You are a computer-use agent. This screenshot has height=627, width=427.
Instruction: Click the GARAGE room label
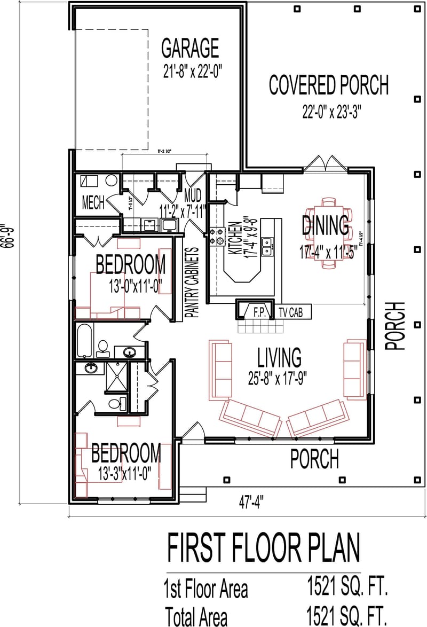pyautogui.click(x=190, y=48)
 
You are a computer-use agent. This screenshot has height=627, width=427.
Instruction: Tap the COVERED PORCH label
pyautogui.click(x=328, y=85)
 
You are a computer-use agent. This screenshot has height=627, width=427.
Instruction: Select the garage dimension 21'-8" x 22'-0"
pyautogui.click(x=191, y=70)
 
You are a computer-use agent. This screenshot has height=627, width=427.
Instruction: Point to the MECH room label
pyautogui.click(x=93, y=203)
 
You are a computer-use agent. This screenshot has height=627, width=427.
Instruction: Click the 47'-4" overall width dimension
pyautogui.click(x=251, y=502)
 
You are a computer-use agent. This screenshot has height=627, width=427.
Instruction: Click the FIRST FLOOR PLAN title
pyautogui.click(x=264, y=549)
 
